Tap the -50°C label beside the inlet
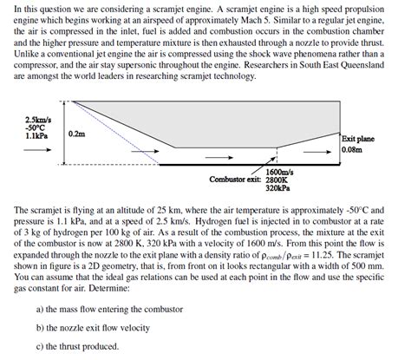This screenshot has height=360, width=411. pyautogui.click(x=36, y=127)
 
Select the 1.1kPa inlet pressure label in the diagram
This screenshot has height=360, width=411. pyautogui.click(x=37, y=135)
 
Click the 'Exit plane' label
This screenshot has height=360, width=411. pyautogui.click(x=358, y=139)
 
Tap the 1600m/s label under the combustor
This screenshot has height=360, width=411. pyautogui.click(x=278, y=172)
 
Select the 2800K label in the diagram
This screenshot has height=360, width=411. pyautogui.click(x=277, y=180)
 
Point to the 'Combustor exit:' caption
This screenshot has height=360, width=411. pyautogui.click(x=236, y=180)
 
